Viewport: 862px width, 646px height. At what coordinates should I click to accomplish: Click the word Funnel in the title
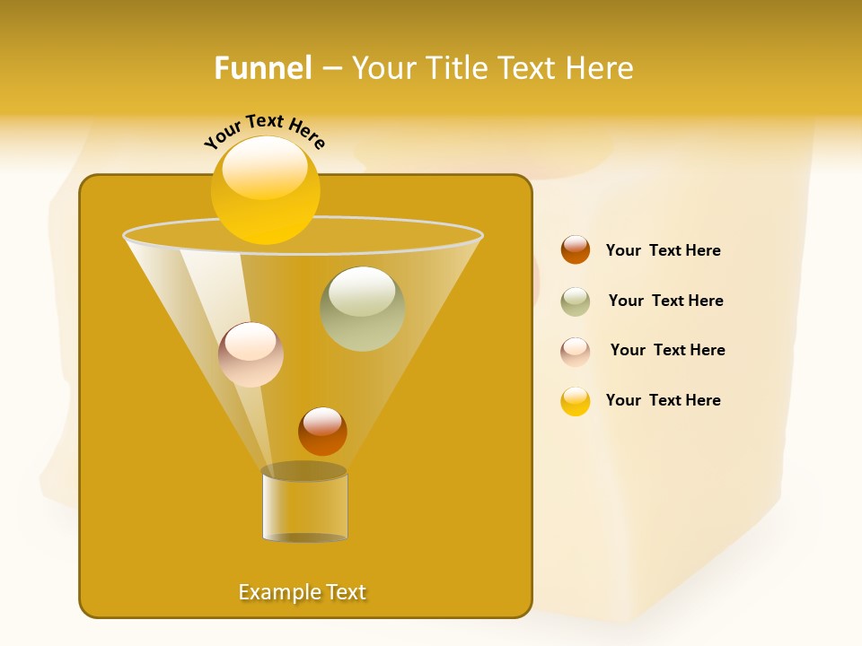coord(262,68)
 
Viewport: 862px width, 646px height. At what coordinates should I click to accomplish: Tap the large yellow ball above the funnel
coord(265,189)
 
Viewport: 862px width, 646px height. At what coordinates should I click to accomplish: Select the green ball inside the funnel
coord(362,309)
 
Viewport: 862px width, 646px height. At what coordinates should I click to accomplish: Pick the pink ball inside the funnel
coord(251,354)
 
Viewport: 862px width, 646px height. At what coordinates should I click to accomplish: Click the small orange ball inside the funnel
coord(322,431)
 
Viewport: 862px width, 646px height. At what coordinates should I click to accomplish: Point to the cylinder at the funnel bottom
coord(304,508)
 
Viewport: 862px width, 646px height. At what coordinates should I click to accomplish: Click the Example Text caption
coord(302,592)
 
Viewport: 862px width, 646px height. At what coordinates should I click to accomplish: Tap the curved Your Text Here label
coord(264,131)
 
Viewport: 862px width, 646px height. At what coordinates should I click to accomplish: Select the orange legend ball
coord(576,249)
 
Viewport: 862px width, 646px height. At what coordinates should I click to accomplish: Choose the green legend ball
coord(576,301)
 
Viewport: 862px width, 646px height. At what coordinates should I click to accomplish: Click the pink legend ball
coord(576,352)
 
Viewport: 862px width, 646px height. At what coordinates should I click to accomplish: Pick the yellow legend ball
coord(576,401)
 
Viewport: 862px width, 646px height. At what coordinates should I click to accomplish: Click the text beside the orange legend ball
coord(663,250)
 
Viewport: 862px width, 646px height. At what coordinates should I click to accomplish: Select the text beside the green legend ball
coord(665,301)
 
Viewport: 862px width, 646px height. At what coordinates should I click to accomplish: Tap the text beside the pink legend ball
coord(667,350)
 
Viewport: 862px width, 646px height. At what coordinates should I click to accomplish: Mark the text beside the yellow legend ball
coord(663,400)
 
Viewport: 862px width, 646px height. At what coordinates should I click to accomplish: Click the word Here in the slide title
coord(600,68)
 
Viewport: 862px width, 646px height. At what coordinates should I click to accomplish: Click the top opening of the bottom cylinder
coord(303,471)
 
